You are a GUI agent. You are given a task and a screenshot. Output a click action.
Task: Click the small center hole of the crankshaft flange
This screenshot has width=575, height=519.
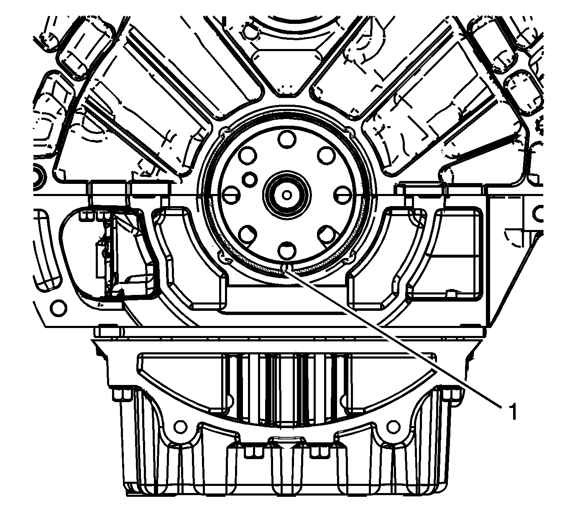[x=286, y=195]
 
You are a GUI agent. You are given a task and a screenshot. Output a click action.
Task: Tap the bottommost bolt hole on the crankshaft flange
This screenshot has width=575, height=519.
[x=287, y=250]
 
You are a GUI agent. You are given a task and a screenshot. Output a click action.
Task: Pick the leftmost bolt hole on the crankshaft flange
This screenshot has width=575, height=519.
[x=231, y=195]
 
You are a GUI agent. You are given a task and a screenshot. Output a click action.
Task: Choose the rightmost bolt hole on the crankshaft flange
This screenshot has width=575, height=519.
[x=342, y=195]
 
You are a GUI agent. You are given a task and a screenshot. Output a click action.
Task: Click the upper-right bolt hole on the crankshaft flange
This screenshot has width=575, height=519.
[x=326, y=156]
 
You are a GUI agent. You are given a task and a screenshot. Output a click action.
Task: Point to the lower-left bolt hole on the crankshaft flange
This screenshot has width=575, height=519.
[x=248, y=235]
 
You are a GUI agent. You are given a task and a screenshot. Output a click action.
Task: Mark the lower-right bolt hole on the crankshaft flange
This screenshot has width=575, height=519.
[x=326, y=235]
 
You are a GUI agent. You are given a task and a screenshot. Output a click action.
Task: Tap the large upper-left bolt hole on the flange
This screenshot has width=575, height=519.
[x=248, y=156]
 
